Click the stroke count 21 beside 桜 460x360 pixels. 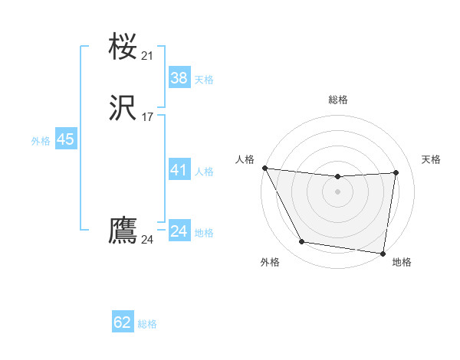(x=147, y=55)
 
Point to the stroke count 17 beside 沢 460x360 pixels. (x=147, y=117)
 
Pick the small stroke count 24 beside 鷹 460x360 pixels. (x=147, y=240)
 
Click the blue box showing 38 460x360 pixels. (x=179, y=77)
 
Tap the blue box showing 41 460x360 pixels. (x=179, y=170)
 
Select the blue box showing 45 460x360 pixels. (x=65, y=139)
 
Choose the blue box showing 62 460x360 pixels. (x=123, y=322)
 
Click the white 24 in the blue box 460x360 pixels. (x=179, y=231)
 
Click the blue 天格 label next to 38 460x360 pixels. (x=204, y=80)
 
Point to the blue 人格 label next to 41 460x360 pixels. (x=204, y=172)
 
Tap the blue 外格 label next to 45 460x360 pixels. (x=41, y=141)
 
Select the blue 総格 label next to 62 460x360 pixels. (x=147, y=324)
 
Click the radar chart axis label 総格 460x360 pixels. (x=337, y=100)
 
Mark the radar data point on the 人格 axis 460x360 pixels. (x=264, y=168)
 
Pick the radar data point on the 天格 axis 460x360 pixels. (x=396, y=173)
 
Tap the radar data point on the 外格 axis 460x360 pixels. (x=301, y=243)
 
